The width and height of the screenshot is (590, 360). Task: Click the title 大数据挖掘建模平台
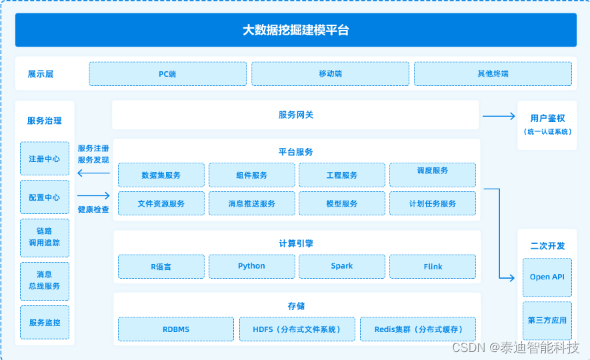(x=296, y=30)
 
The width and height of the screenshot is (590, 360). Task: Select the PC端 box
(x=168, y=74)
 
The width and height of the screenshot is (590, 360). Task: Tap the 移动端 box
(x=331, y=74)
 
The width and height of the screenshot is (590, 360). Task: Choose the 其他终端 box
(x=493, y=74)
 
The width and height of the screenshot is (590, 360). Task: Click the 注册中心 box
(x=45, y=159)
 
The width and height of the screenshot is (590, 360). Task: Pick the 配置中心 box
(x=45, y=197)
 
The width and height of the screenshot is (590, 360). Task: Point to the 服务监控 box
(x=45, y=322)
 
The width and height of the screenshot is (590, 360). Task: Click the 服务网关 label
(x=296, y=115)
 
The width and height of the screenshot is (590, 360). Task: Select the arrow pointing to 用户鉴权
(x=499, y=116)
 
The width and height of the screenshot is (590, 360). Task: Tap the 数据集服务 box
(x=161, y=175)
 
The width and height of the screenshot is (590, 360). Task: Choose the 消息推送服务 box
(x=252, y=203)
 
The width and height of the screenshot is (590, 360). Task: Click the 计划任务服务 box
(x=433, y=203)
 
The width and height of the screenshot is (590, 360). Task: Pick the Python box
(x=252, y=266)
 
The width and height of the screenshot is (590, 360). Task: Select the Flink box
(x=433, y=266)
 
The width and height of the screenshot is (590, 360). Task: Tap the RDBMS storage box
(x=176, y=329)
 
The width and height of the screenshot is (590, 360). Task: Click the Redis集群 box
(x=418, y=329)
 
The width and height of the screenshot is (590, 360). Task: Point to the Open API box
(x=547, y=277)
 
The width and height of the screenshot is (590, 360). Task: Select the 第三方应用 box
(x=547, y=321)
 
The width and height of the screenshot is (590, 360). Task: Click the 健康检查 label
(x=93, y=209)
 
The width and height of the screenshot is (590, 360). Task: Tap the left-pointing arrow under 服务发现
(x=93, y=173)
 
